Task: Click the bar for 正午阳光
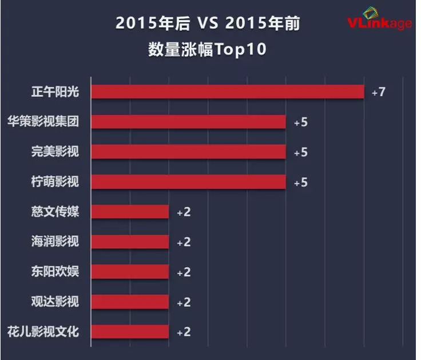click(228, 92)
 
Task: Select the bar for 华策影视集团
click(189, 122)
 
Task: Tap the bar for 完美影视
click(189, 152)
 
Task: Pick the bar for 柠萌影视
click(189, 182)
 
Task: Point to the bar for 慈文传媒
click(130, 212)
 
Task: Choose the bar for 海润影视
click(130, 242)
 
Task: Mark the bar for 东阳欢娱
click(130, 272)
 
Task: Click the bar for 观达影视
click(130, 302)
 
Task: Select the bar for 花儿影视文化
click(130, 332)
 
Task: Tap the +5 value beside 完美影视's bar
click(300, 152)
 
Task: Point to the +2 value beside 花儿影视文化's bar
click(183, 333)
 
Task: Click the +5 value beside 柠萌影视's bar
click(300, 183)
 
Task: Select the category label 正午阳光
click(55, 92)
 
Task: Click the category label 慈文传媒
click(55, 212)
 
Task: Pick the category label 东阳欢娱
click(55, 271)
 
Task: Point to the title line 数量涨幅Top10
click(207, 50)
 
